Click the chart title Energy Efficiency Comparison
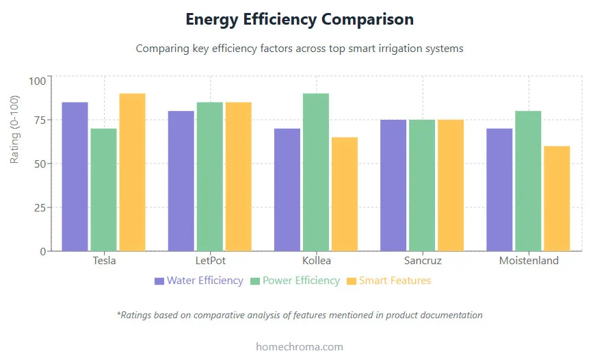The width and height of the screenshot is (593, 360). point(300,19)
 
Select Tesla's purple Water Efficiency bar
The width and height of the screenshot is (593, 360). point(75,177)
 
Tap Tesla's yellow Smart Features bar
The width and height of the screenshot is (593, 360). point(132,172)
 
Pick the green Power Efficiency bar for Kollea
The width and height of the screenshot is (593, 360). point(316,172)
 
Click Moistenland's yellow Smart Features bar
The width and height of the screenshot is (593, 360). point(557,198)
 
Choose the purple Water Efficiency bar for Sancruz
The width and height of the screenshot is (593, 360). point(393,185)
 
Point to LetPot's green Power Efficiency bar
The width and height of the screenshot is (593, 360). point(210,177)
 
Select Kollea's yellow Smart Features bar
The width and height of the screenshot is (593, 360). point(345,194)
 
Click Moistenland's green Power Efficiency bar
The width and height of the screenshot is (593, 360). point(528,181)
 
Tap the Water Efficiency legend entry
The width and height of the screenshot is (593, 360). point(198,281)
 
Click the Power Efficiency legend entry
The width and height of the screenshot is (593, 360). point(295,281)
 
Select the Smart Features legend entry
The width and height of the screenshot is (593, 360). point(389,281)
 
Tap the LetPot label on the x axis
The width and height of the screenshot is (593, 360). point(210,261)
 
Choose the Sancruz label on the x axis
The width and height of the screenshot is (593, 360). point(422,261)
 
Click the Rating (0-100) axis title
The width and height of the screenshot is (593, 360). point(15,129)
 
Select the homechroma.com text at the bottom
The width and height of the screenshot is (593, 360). point(300,346)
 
